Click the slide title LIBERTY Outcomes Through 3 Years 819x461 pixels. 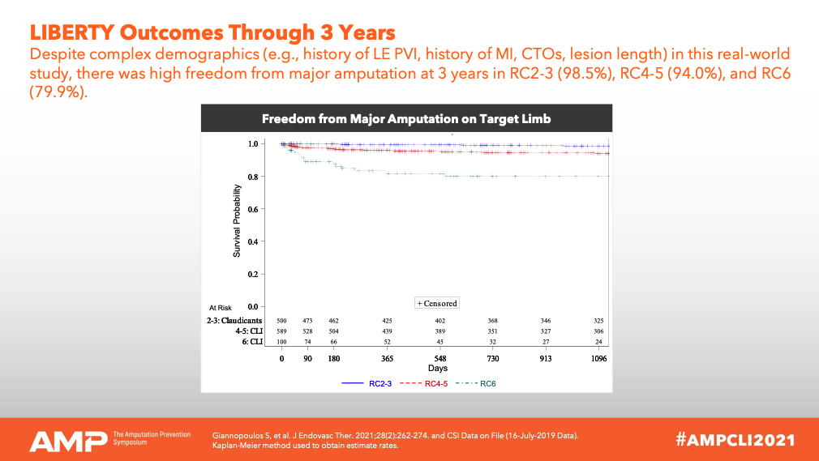point(212,32)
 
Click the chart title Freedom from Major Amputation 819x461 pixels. point(406,119)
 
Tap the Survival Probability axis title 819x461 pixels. point(237,220)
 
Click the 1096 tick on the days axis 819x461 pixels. point(598,358)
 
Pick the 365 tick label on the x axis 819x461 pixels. point(387,358)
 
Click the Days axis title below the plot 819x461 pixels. point(439,369)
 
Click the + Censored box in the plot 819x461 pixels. point(437,303)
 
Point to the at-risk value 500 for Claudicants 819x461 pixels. point(282,322)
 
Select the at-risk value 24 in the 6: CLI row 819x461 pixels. point(598,343)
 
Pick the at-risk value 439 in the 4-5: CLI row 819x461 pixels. point(387,332)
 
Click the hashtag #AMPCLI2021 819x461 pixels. point(735,440)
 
